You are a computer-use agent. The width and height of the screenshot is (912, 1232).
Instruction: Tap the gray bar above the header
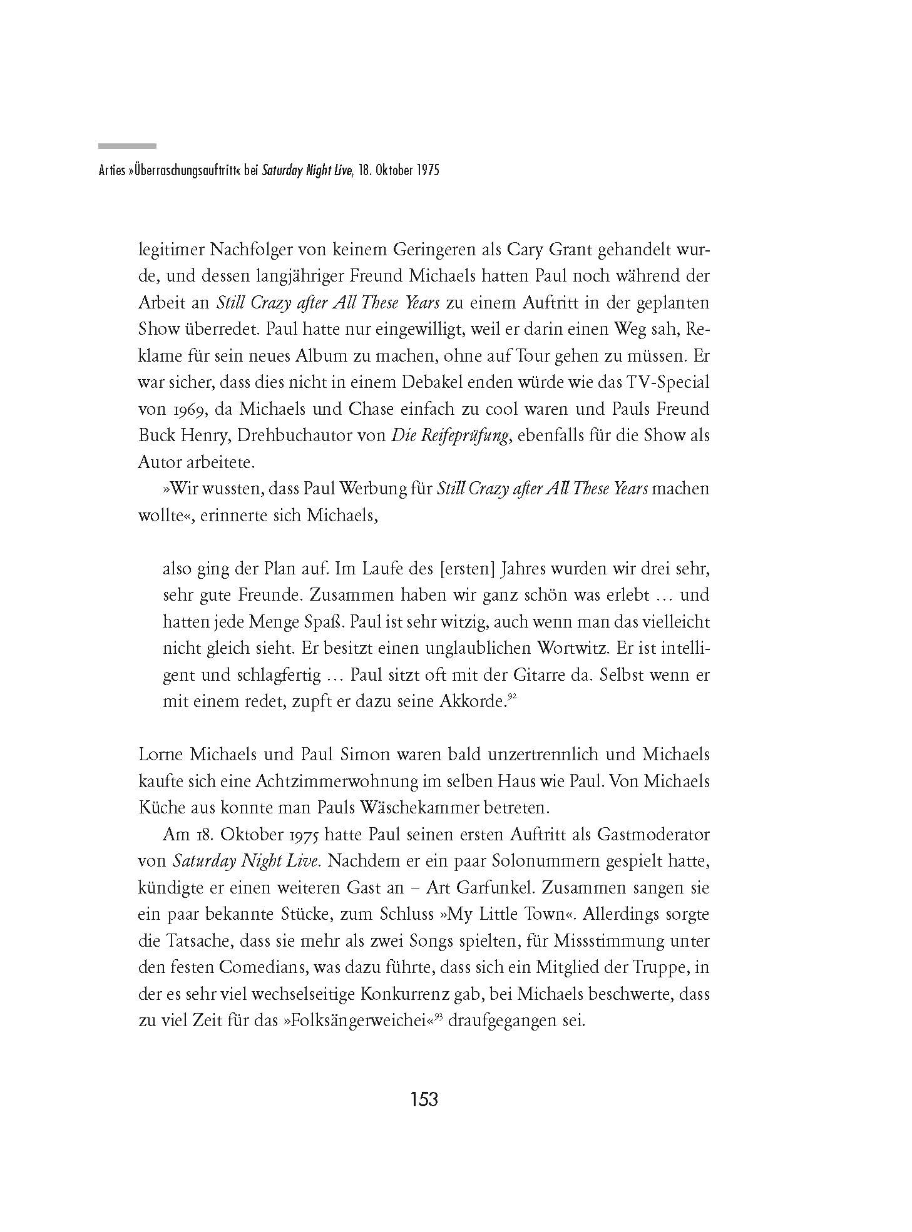[x=127, y=146]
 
